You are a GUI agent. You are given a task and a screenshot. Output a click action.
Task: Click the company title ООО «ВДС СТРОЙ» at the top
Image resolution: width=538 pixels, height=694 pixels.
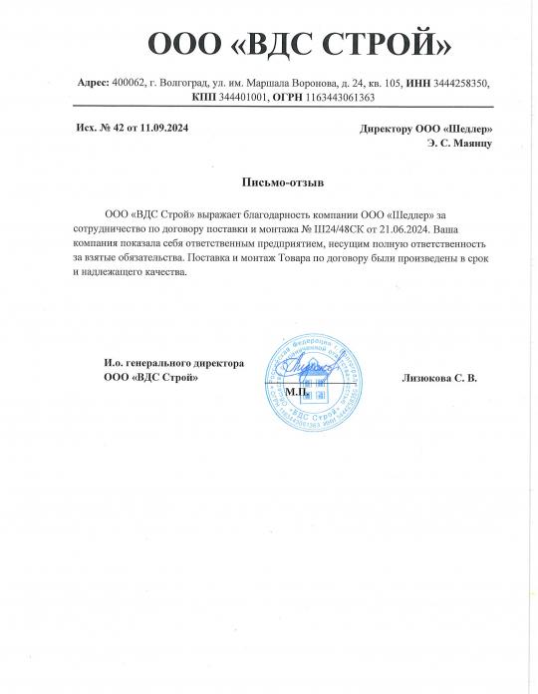pos(300,44)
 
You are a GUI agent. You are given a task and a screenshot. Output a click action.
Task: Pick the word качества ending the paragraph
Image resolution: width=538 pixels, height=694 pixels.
pos(163,271)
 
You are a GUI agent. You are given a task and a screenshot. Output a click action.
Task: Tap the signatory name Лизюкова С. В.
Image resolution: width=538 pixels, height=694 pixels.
pos(439,378)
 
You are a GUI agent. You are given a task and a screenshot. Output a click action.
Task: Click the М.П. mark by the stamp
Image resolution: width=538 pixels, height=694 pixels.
pos(295,392)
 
